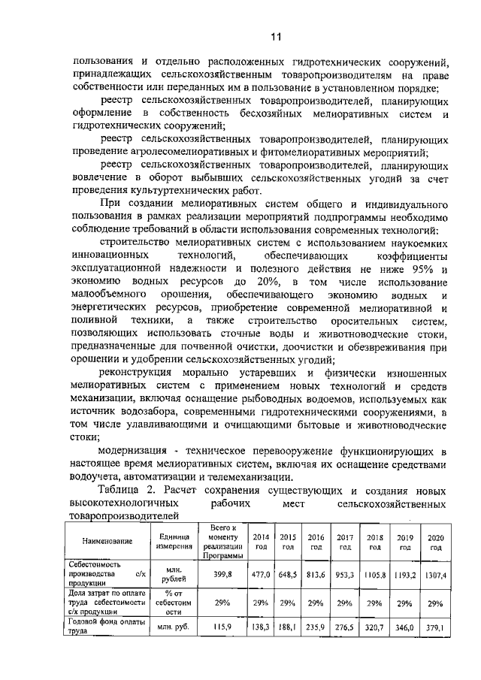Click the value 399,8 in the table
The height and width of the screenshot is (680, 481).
[x=225, y=573]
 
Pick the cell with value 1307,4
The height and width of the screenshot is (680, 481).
[x=434, y=575]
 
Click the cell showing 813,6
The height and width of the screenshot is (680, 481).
[x=316, y=574]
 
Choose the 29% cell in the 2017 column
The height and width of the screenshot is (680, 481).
[x=346, y=603]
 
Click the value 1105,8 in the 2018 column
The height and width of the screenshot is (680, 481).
[x=375, y=574]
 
